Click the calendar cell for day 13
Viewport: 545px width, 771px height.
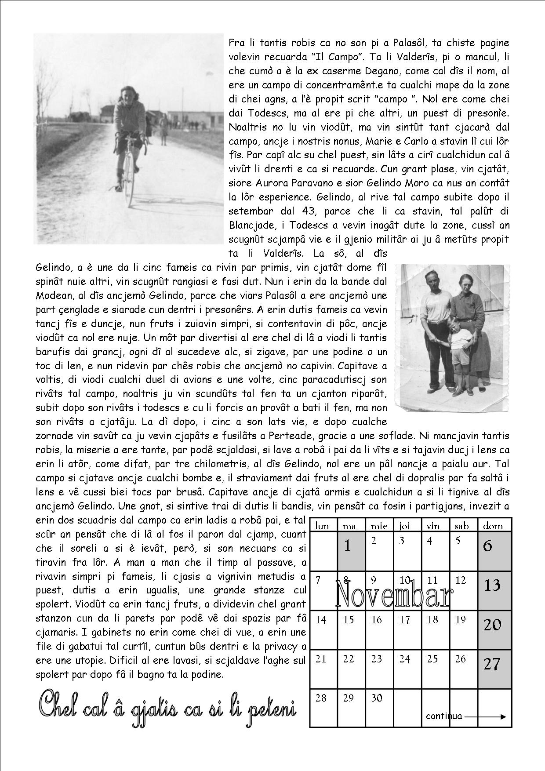click(x=494, y=591)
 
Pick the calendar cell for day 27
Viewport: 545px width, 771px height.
click(x=494, y=669)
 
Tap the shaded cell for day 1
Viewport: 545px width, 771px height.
click(x=351, y=551)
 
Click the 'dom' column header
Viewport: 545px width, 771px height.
click(x=494, y=525)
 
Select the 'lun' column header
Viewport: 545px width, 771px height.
click(x=322, y=525)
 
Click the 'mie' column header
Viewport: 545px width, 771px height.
click(x=379, y=525)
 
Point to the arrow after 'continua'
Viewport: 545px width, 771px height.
click(x=485, y=716)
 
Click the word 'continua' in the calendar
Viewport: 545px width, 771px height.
click(x=444, y=716)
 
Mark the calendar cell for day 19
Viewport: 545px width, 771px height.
click(x=463, y=629)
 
